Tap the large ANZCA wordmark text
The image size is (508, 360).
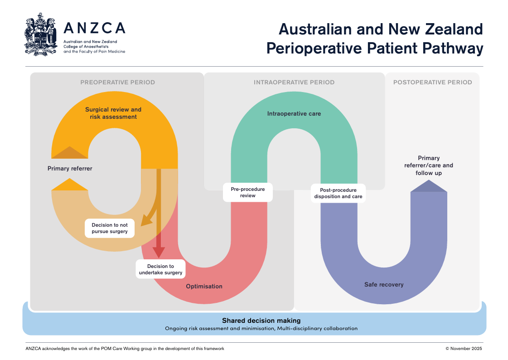click(x=94, y=28)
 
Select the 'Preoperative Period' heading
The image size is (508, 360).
click(x=117, y=83)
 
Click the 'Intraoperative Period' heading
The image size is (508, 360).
click(x=294, y=83)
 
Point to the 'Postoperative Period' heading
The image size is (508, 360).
click(x=432, y=83)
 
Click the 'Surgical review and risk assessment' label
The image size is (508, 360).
click(x=113, y=113)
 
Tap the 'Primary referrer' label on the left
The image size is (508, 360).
click(x=70, y=169)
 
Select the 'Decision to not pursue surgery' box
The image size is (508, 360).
click(x=110, y=228)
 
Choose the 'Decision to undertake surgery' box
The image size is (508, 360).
click(x=160, y=269)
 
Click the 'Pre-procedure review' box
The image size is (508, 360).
click(x=248, y=192)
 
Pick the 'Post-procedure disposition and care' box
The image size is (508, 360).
click(x=338, y=193)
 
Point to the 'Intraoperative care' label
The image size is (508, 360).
click(x=294, y=114)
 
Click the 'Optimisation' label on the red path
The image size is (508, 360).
click(x=204, y=287)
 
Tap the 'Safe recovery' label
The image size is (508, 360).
click(x=384, y=285)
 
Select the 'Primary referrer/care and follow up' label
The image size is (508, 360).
click(x=429, y=165)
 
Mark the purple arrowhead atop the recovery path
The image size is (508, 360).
click(x=429, y=186)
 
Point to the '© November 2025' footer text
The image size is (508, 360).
click(x=464, y=349)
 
